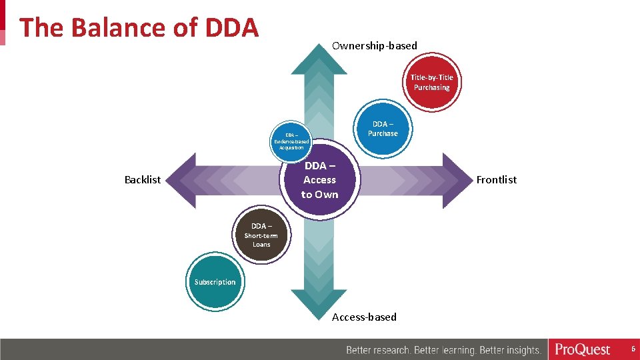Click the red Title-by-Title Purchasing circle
[x=431, y=83]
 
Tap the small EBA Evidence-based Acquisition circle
[x=291, y=141]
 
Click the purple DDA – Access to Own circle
[x=319, y=180]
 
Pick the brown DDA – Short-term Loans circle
[x=261, y=235]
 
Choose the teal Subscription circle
[x=215, y=282]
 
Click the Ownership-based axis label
[x=374, y=46]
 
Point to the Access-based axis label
[x=364, y=317]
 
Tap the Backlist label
[x=143, y=180]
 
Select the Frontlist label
[x=496, y=180]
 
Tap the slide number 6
[x=633, y=349]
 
